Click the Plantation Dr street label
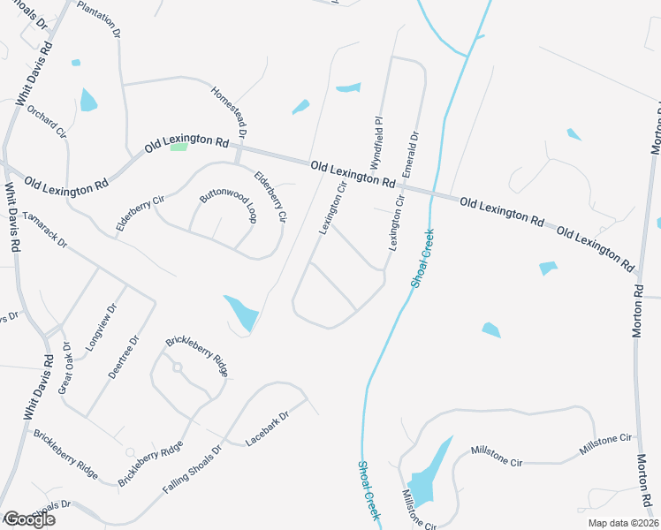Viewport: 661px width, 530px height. (x=99, y=19)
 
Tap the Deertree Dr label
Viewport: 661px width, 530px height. (x=124, y=357)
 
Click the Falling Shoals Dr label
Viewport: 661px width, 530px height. (x=192, y=468)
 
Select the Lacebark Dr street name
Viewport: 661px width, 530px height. (x=268, y=428)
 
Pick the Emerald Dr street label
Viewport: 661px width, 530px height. (x=410, y=155)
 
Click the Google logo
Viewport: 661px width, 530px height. (x=29, y=519)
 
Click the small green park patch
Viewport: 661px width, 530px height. (x=179, y=147)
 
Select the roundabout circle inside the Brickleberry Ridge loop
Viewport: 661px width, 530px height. (x=177, y=367)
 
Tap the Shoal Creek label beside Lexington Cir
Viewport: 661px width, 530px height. (x=422, y=257)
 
